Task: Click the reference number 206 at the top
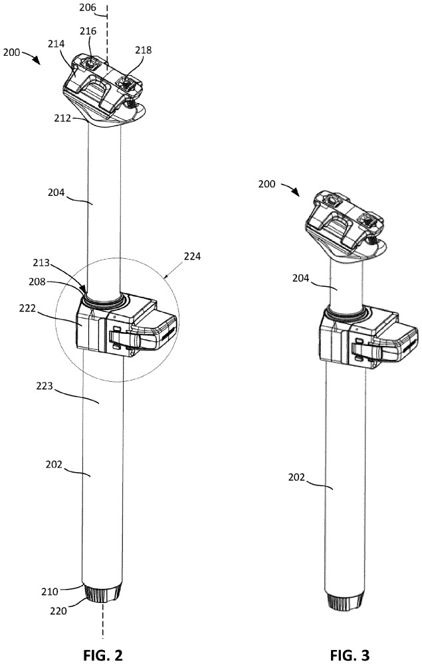(x=86, y=9)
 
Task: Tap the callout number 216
(x=88, y=31)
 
